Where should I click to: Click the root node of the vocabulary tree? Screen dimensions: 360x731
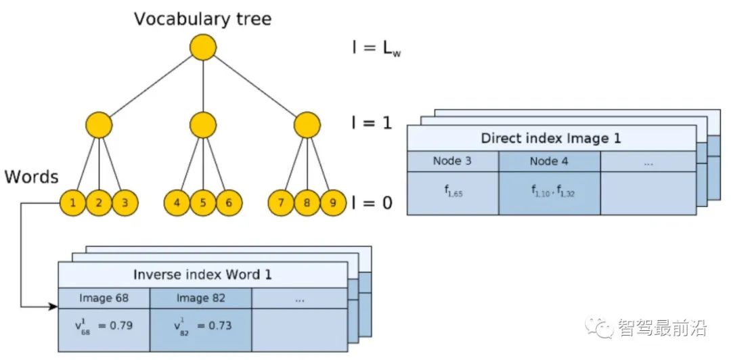coord(203,47)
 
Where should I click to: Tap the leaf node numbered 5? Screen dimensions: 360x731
coord(202,202)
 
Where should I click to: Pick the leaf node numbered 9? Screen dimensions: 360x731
coord(332,202)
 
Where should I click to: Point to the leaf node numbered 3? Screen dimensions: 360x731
coord(125,202)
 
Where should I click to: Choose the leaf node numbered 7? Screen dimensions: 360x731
coord(281,202)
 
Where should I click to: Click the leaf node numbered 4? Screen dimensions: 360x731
coord(177,202)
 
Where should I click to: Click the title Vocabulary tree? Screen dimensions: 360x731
coord(202,18)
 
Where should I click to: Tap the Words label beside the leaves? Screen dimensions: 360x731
coord(31,177)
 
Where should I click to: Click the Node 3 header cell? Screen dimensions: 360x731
coord(453,161)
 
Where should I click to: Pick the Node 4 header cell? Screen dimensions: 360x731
coord(549,161)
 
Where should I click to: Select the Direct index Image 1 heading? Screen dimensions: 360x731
coord(551,138)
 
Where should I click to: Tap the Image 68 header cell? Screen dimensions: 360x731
coord(104,298)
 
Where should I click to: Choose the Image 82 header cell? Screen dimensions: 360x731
coord(200,298)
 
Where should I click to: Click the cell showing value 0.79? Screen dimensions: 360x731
coord(104,326)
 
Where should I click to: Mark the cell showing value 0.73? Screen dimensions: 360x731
coord(200,326)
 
